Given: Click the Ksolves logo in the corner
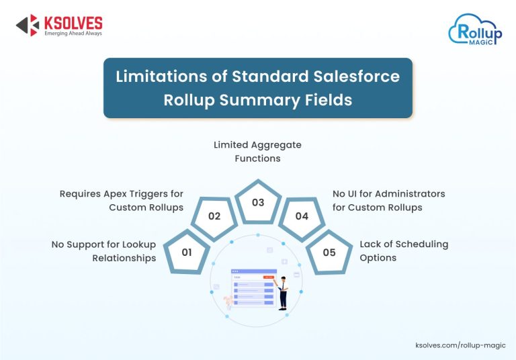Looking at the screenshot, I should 58,25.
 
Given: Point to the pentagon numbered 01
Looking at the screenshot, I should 187,253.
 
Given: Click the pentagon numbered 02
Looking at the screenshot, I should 214,217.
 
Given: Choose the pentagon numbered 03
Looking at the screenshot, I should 258,202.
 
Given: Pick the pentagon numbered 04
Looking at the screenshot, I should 302,217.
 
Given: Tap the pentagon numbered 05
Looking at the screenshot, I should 329,253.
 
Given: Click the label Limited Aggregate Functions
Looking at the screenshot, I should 257,151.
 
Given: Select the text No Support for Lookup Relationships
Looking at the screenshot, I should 103,251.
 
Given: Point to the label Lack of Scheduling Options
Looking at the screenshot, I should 403,251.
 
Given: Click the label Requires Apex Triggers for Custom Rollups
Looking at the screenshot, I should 122,200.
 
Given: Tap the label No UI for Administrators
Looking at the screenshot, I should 388,200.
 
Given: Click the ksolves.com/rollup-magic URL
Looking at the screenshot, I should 460,345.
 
